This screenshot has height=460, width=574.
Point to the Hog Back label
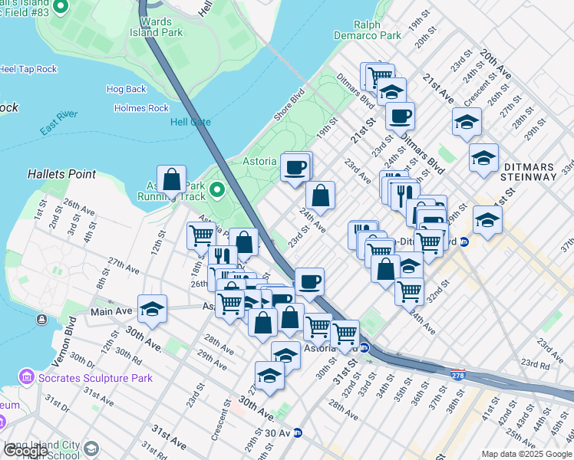[126, 89]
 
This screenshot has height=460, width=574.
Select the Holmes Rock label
[141, 108]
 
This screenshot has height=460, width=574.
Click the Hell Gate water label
[190, 123]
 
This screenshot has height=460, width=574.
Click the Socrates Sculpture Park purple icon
[27, 377]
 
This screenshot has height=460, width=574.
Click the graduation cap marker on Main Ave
[153, 309]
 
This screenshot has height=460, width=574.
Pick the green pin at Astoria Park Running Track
[217, 189]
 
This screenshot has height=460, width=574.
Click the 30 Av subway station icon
[298, 432]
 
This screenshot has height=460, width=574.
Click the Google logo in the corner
[25, 451]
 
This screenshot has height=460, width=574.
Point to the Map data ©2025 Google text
[526, 454]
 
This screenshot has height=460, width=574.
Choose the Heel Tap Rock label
[28, 69]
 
